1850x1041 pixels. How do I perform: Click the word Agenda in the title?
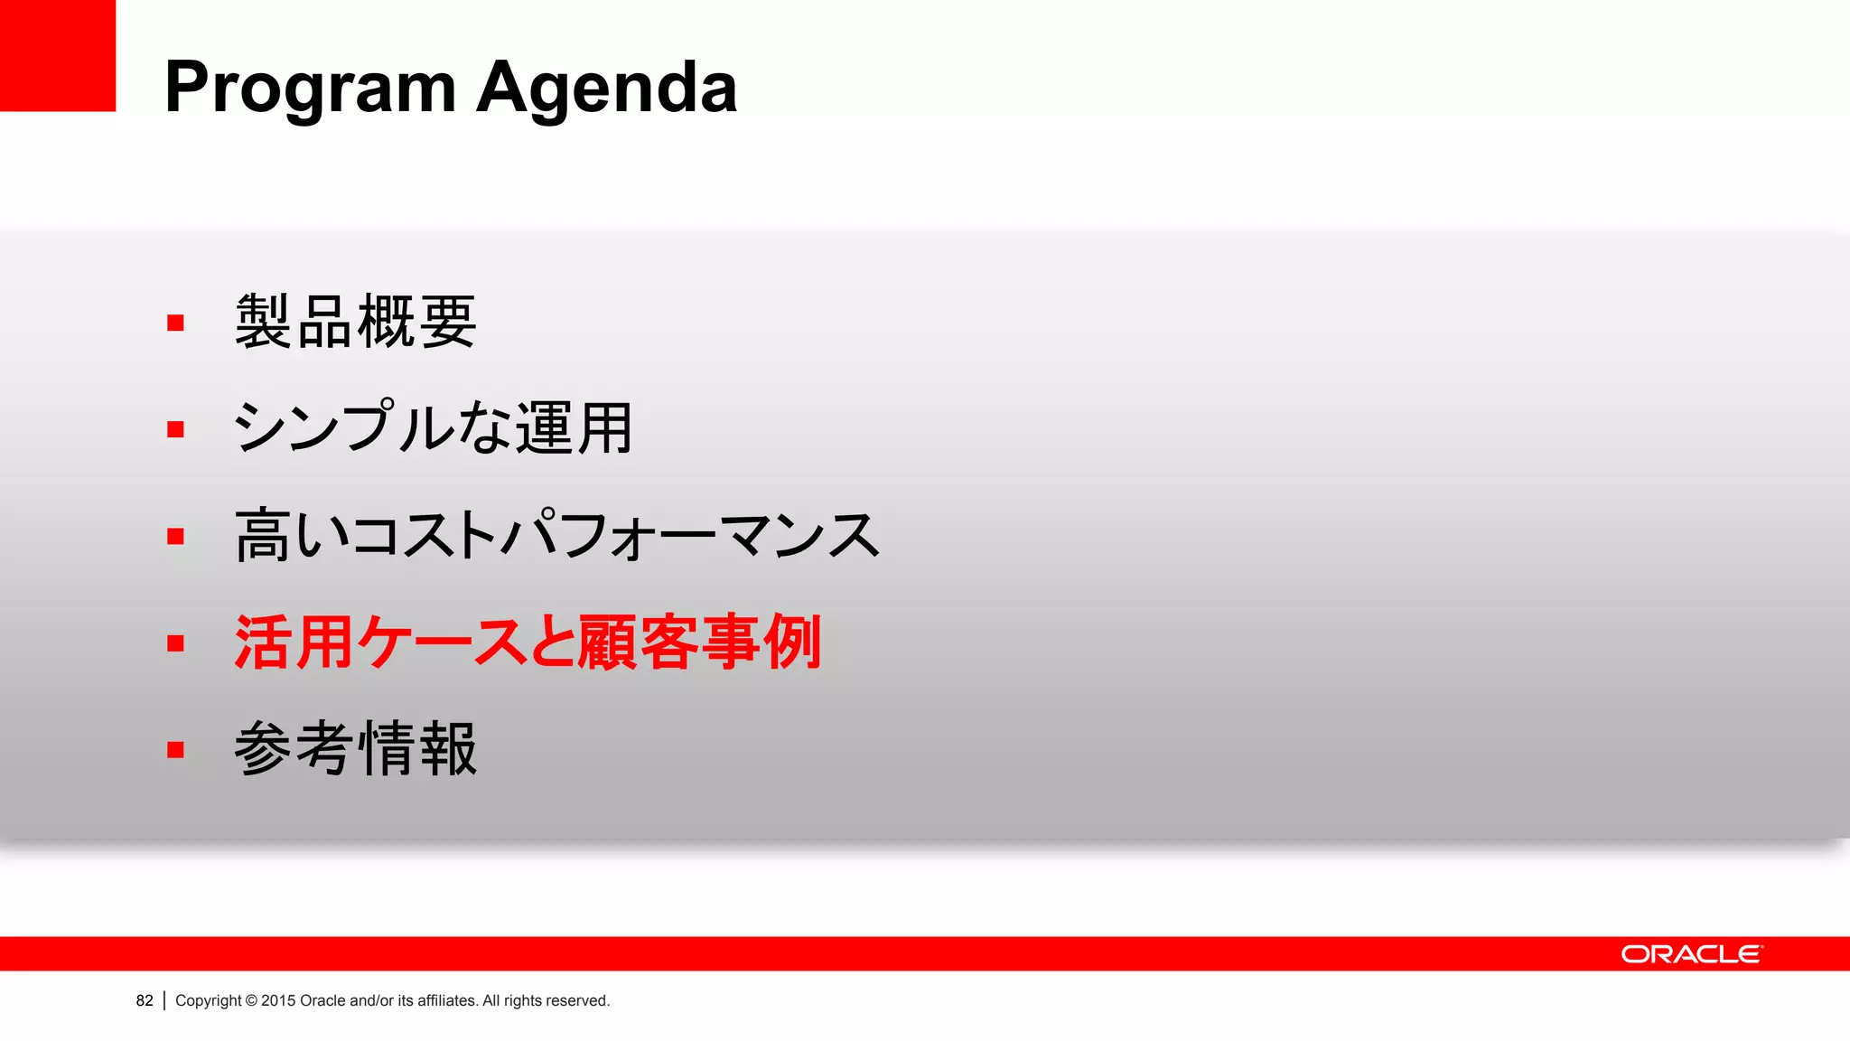click(606, 88)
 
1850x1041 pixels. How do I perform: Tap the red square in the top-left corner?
click(57, 55)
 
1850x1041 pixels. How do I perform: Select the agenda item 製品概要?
click(355, 322)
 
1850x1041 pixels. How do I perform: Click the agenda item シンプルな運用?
click(433, 427)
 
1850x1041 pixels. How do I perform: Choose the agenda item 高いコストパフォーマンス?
click(556, 535)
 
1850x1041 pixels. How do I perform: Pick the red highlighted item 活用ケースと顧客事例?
click(528, 642)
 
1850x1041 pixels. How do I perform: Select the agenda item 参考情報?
click(355, 749)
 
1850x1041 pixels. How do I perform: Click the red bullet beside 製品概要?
click(175, 323)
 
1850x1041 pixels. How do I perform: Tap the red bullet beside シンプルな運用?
click(175, 429)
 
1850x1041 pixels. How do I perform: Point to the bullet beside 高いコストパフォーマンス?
click(175, 537)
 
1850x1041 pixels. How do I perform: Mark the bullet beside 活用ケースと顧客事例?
click(175, 643)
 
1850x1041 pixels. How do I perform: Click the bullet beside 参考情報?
click(175, 750)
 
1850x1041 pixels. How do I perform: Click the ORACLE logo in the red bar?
click(1691, 954)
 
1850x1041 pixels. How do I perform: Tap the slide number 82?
click(145, 1000)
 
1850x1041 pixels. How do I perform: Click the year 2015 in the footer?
click(278, 1000)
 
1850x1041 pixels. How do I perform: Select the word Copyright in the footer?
click(209, 1000)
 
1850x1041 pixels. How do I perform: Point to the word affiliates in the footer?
click(446, 1000)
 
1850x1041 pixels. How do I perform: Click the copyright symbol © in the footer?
click(251, 1000)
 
